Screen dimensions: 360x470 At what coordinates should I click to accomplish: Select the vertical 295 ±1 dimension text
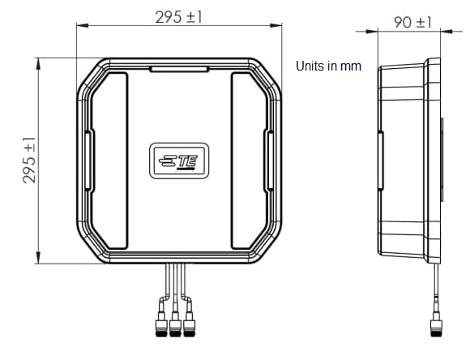(29, 159)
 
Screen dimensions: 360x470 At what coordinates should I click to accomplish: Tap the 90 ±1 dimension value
(413, 22)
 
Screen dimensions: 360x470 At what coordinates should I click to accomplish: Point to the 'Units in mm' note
(328, 66)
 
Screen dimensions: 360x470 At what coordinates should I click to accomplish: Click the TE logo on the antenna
(177, 160)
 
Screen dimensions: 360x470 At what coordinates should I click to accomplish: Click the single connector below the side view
(436, 328)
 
